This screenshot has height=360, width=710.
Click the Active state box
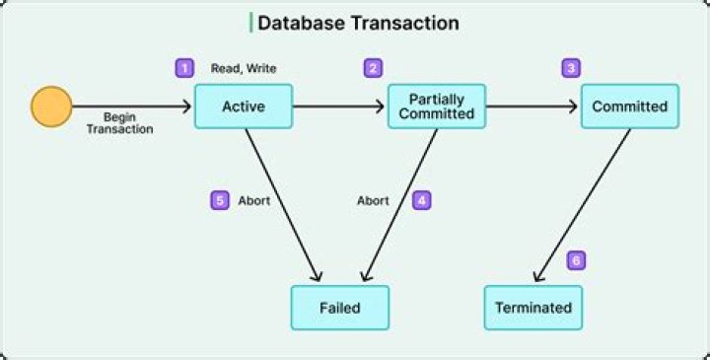[244, 107]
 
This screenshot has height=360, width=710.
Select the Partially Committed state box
[437, 107]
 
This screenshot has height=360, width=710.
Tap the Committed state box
[629, 107]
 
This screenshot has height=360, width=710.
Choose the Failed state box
[339, 307]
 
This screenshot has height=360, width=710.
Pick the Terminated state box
[532, 307]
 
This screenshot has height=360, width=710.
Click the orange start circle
[51, 107]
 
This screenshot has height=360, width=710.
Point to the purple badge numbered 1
[183, 68]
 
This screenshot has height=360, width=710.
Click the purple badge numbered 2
[373, 68]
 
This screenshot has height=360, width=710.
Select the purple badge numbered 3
[571, 68]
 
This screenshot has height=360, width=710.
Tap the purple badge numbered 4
[422, 199]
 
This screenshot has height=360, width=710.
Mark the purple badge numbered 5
[220, 199]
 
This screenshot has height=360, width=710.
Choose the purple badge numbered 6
[577, 261]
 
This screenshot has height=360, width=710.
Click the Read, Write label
[244, 69]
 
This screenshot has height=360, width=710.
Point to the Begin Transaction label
[126, 122]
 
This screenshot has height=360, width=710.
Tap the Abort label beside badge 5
[254, 200]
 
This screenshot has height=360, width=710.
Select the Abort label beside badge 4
[373, 200]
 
